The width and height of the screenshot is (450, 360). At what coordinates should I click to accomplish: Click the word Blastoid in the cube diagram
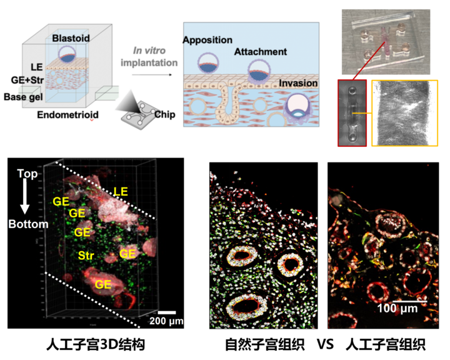coord(71,38)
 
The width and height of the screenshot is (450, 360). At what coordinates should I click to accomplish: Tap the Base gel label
coord(24,96)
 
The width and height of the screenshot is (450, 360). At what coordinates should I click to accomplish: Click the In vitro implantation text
coord(154,57)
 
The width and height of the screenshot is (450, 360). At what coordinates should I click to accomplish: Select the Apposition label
coord(207,39)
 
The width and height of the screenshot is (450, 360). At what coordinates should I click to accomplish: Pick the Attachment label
coord(261,52)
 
